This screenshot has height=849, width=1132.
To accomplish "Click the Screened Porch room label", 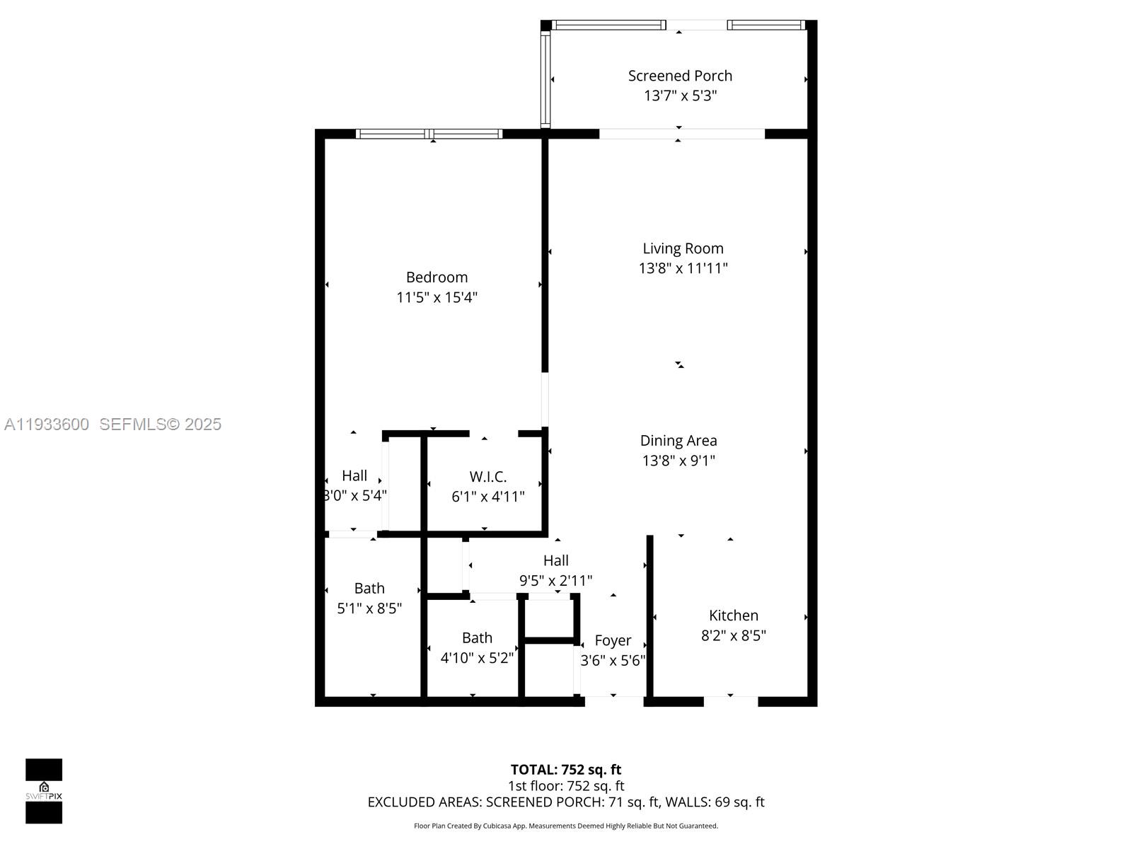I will pos(680,76).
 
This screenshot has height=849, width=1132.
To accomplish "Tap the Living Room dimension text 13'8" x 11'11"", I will pos(683,268).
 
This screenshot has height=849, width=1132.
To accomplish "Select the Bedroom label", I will pos(437,277).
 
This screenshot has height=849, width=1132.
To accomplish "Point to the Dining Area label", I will pos(678,441).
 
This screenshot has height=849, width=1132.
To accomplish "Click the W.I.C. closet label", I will pos(488,477).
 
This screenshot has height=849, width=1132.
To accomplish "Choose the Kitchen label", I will pos(734,616).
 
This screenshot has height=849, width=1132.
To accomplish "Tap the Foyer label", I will pos(613,640).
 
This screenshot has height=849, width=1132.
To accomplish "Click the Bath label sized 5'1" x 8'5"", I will pos(369,589).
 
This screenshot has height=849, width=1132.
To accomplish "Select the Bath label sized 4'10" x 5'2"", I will pos(477,638).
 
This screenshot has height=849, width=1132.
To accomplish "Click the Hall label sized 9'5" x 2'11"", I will pos(555,560).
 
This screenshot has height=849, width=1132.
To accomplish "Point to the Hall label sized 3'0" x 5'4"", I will pos(354,475).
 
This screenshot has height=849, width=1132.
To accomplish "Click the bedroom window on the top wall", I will pos(429,134).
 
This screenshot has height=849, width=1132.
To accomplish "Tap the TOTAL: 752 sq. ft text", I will pos(566,770).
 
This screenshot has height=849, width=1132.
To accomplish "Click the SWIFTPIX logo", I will pos(44,791).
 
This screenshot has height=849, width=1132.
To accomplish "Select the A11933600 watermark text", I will pos(47,424).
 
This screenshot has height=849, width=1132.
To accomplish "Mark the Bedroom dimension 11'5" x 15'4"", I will pos(437,297).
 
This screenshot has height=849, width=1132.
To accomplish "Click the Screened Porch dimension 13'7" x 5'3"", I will pos(680,96).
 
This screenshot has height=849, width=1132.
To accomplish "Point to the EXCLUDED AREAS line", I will pos(566,802).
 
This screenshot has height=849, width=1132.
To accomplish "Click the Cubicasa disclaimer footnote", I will pos(566,826).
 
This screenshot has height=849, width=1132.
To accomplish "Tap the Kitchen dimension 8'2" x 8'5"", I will pos(734,635).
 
